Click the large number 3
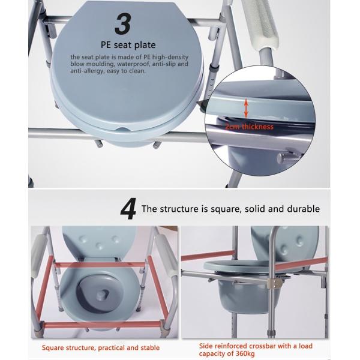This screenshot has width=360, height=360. (123, 24)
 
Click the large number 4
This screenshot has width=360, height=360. (128, 209)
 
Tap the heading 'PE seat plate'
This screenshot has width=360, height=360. (128, 45)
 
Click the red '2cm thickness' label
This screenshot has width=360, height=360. (250, 127)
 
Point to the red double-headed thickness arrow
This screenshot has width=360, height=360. (246, 108)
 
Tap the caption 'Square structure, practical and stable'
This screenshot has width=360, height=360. (101, 347)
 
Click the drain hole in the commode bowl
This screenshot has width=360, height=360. (103, 294)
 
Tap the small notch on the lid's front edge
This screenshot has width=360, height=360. (122, 129)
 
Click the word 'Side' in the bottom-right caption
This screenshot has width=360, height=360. (205, 346)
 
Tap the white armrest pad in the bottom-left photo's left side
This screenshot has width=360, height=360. (38, 256)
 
